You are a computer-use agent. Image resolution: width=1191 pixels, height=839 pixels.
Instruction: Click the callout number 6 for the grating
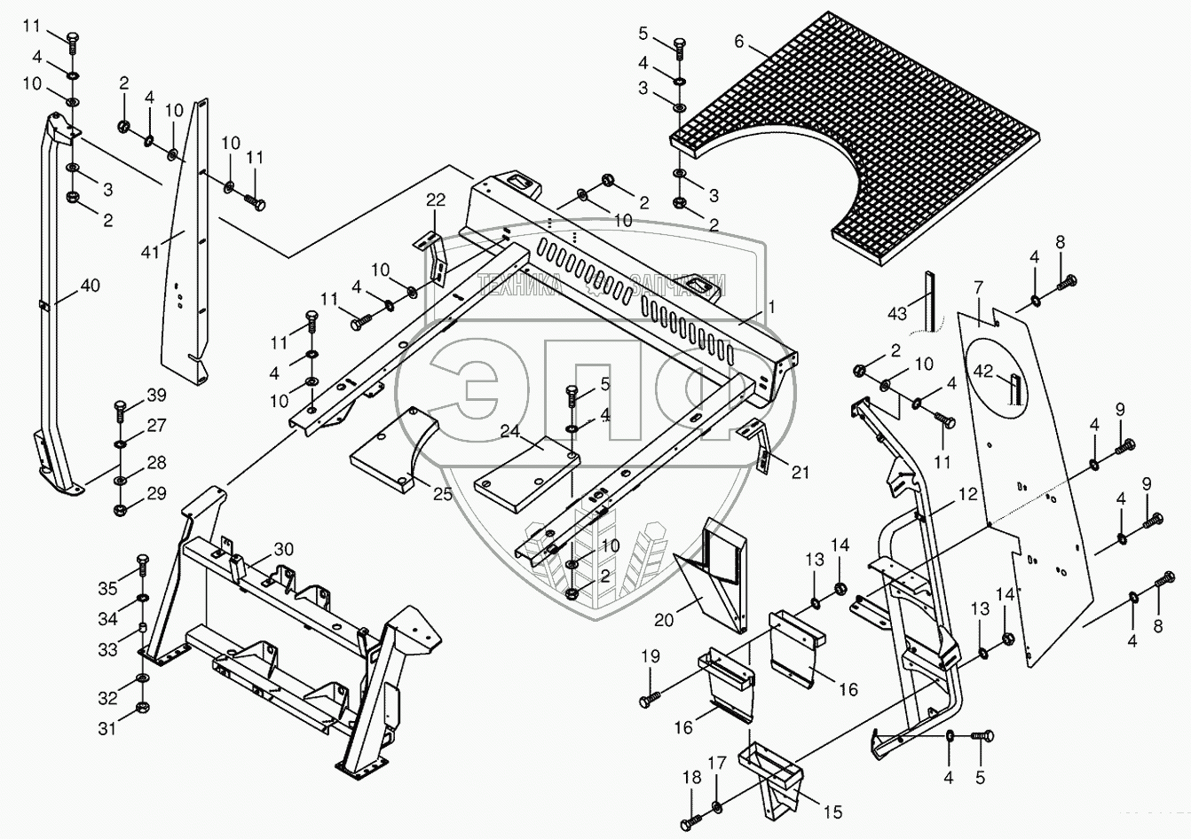pyautogui.click(x=739, y=41)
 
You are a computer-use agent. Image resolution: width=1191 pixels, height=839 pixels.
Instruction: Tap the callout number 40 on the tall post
pyautogui.click(x=90, y=286)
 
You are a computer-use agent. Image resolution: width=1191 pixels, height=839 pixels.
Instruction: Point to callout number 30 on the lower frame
pyautogui.click(x=284, y=549)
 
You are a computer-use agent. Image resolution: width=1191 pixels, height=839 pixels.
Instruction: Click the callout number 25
pyautogui.click(x=442, y=494)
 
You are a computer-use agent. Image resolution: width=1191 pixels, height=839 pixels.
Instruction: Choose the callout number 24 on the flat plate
pyautogui.click(x=510, y=431)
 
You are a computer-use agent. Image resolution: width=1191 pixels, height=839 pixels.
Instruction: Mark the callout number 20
pyautogui.click(x=664, y=620)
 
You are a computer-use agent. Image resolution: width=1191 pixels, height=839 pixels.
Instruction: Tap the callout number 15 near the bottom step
pyautogui.click(x=833, y=812)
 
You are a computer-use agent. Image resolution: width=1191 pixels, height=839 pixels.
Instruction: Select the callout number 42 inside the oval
pyautogui.click(x=983, y=371)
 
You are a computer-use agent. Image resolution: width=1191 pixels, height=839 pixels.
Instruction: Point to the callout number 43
pyautogui.click(x=897, y=313)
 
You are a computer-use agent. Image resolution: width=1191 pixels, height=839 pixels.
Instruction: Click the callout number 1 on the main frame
pyautogui.click(x=771, y=307)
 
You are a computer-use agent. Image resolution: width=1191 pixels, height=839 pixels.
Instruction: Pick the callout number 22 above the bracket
pyautogui.click(x=436, y=200)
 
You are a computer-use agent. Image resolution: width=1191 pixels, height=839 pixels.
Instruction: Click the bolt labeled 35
pyautogui.click(x=143, y=568)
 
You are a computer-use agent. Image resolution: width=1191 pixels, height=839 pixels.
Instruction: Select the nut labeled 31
pyautogui.click(x=142, y=708)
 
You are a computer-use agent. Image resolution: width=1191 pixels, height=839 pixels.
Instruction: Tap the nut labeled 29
pyautogui.click(x=121, y=510)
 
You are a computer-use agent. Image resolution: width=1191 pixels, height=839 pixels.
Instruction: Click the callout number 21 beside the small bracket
pyautogui.click(x=801, y=472)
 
